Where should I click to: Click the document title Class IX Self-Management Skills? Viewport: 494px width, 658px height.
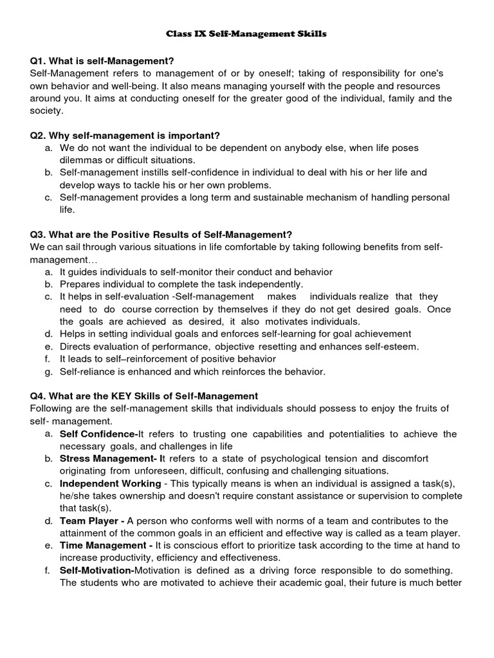tap(247, 33)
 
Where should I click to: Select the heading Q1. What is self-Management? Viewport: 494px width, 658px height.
tap(102, 61)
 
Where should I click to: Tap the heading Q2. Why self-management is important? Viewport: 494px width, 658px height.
tap(125, 136)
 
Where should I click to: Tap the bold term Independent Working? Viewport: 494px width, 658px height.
tap(110, 483)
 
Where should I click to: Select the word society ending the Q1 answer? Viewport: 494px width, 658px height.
tap(46, 111)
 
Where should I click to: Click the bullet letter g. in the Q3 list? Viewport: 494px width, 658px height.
tap(49, 371)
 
